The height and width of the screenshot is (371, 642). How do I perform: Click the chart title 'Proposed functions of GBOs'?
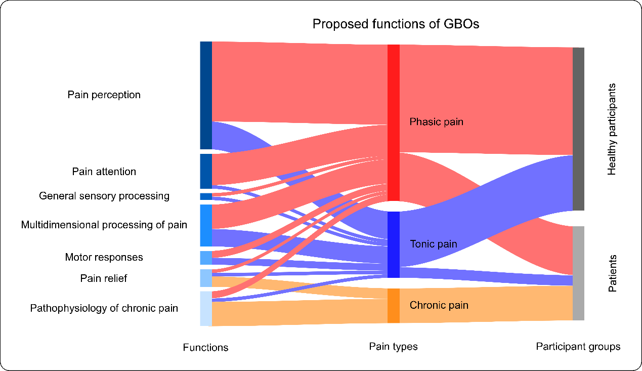[396, 24]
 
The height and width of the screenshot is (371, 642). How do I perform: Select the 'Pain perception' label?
[104, 95]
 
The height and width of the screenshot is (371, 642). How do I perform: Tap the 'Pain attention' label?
[104, 172]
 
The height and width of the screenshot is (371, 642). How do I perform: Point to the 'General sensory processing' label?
[104, 196]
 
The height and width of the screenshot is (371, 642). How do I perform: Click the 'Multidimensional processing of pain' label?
[104, 225]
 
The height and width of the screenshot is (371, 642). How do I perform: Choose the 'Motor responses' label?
[104, 257]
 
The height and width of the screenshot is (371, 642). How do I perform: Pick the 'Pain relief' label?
[104, 278]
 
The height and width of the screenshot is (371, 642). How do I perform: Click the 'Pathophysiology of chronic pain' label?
[104, 308]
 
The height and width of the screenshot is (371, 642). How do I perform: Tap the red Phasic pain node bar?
[394, 122]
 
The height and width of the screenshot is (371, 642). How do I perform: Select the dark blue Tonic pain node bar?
[394, 244]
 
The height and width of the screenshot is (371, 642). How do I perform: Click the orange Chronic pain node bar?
[394, 306]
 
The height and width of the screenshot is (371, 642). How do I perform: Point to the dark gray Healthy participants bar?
[578, 129]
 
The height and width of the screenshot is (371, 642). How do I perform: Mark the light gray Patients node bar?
[578, 273]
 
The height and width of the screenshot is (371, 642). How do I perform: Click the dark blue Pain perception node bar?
[206, 95]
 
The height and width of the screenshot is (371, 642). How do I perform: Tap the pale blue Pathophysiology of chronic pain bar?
[206, 308]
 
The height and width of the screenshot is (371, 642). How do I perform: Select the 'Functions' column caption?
[205, 347]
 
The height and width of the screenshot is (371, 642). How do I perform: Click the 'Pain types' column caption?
[393, 346]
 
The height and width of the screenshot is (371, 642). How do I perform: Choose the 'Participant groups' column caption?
[578, 346]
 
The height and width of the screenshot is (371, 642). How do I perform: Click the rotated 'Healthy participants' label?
[612, 129]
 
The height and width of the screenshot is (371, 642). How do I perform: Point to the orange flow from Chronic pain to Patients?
[486, 305]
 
